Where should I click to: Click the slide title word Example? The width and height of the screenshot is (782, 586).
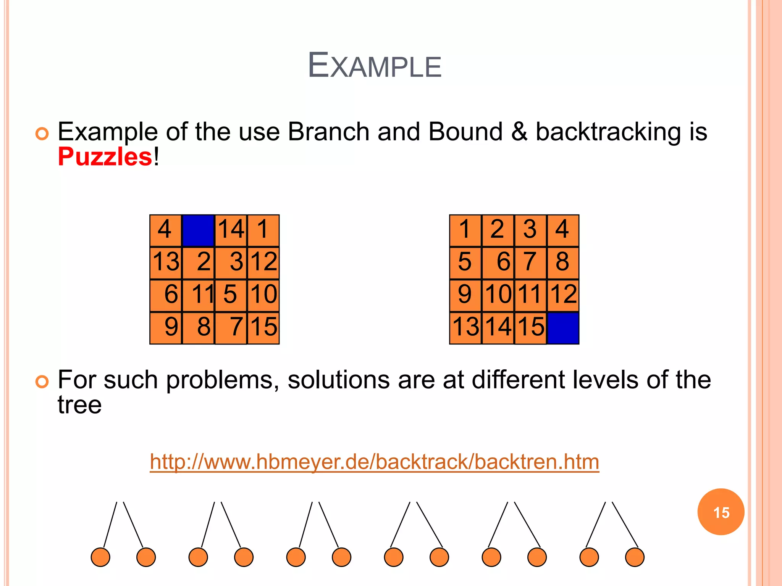(375, 65)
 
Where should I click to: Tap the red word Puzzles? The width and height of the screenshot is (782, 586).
(105, 157)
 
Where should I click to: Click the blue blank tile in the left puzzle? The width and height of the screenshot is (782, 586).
(198, 230)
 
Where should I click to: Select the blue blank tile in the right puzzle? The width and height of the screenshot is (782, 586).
(563, 328)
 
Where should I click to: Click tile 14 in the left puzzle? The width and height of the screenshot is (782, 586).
(231, 230)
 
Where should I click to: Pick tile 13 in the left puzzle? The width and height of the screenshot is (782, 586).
(166, 263)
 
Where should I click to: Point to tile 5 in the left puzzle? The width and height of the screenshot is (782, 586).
(231, 295)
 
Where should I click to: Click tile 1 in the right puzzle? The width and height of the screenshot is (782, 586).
(465, 230)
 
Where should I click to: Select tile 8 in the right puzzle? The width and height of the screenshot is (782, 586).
(563, 263)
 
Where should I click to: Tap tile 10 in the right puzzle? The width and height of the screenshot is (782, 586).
(498, 295)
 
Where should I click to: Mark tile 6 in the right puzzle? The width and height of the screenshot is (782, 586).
(498, 263)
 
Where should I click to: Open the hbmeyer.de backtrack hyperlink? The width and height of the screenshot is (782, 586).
(374, 462)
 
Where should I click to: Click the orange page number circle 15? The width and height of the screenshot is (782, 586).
(721, 512)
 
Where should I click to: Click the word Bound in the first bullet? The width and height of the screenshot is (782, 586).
(465, 132)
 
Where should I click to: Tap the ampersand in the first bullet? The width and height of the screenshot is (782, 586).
(519, 132)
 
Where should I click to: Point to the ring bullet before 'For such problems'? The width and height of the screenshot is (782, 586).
(42, 382)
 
